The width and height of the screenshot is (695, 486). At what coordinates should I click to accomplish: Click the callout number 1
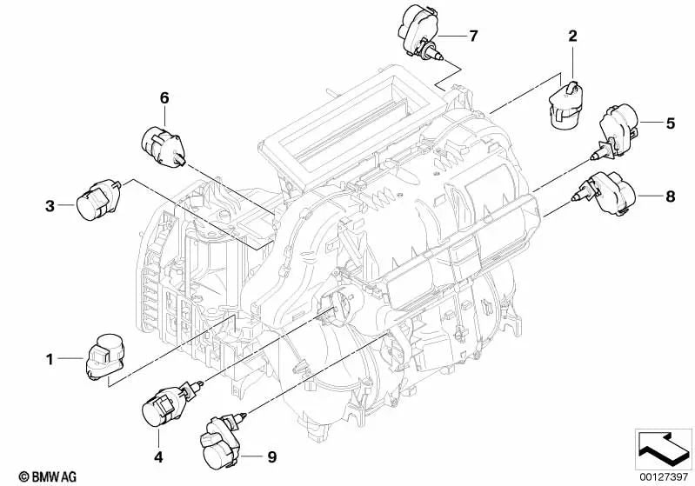coord(50,357)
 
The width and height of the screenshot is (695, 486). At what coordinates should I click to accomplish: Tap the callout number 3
coord(50,205)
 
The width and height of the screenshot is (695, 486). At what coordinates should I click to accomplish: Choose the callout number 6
coord(163,99)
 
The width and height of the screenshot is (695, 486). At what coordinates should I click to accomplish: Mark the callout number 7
coord(473,36)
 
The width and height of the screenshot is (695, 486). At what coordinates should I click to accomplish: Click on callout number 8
coord(671,196)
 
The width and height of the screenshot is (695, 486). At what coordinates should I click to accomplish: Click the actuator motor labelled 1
coord(103,356)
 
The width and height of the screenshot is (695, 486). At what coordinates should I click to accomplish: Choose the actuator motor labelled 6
coord(162,145)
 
